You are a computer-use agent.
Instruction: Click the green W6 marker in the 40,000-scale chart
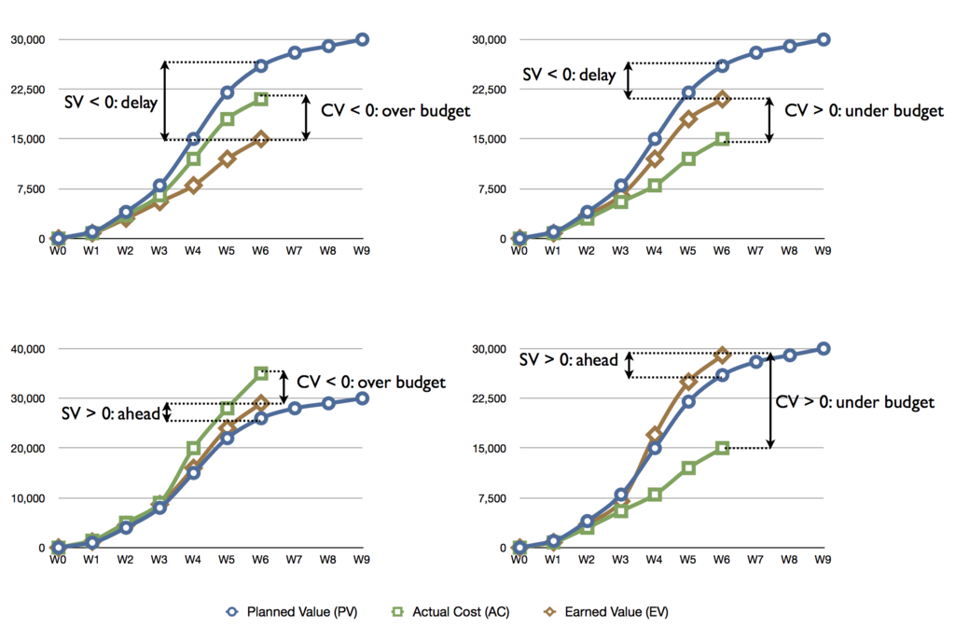261,372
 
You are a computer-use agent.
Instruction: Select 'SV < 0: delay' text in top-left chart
111,102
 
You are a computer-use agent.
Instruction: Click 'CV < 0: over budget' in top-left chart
395,111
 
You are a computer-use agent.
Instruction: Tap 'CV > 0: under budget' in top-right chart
865,111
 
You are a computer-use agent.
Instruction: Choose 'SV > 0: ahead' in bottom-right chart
569,360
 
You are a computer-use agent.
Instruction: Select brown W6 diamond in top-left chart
261,139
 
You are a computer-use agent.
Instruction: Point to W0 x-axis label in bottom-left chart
58,561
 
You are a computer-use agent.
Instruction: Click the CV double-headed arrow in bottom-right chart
770,401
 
